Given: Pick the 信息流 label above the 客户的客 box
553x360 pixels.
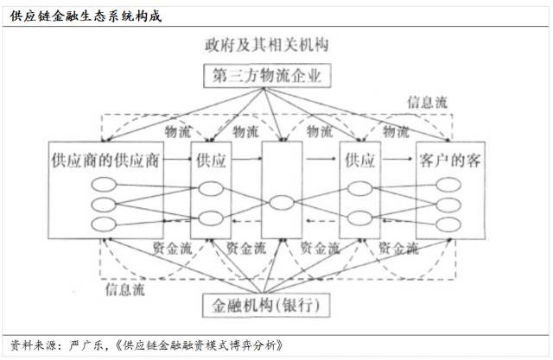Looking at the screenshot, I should (428, 102).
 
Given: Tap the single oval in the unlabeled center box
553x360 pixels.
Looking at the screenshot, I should (280, 205).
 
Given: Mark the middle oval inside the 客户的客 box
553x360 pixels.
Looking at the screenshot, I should (450, 205).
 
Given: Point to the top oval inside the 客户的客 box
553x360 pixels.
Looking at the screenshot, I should (450, 184).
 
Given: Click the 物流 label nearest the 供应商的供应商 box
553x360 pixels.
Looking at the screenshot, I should (177, 131).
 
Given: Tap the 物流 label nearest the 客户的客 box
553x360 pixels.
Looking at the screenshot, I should (395, 131).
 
